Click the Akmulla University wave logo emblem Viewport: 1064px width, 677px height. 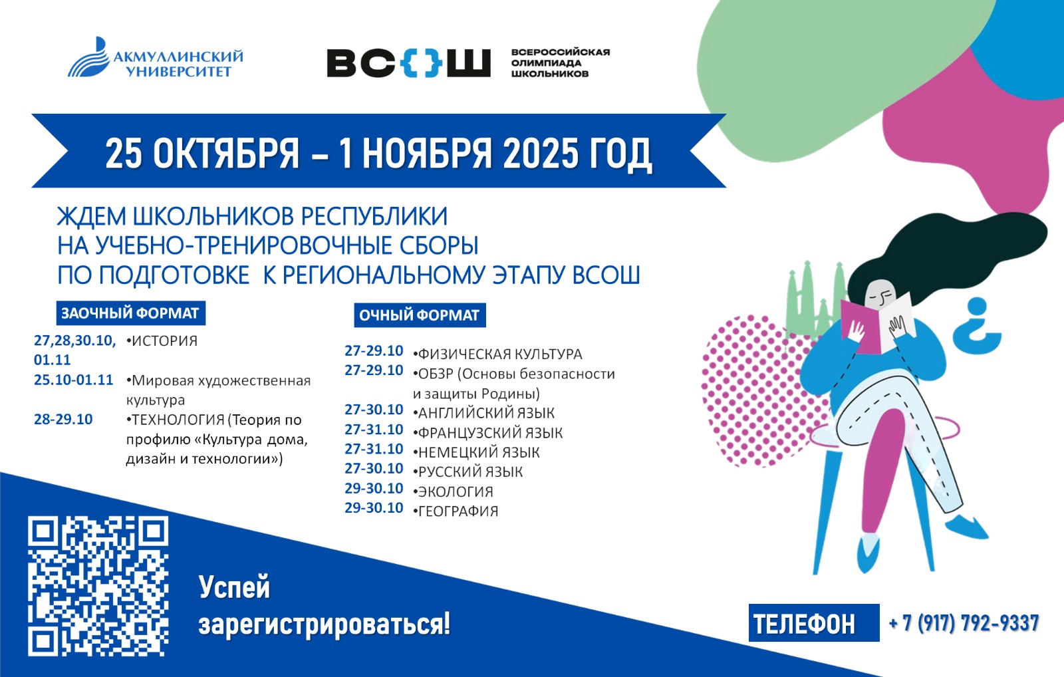tap(88, 57)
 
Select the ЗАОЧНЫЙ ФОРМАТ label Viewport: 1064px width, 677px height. tap(130, 313)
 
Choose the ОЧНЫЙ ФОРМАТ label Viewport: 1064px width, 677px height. tap(420, 315)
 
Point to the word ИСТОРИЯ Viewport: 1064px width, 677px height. tap(164, 340)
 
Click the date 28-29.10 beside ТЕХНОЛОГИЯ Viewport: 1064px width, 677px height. tap(63, 419)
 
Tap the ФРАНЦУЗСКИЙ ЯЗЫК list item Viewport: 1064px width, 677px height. tap(488, 433)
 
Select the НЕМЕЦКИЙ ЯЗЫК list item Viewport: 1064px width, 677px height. tap(476, 452)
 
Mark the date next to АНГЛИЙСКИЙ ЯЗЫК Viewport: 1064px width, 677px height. tap(374, 410)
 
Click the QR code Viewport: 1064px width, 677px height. tap(98, 587)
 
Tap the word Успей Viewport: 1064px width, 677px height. tap(234, 588)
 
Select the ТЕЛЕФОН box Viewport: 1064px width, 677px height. tap(814, 623)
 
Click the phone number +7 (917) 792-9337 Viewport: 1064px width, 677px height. tap(964, 623)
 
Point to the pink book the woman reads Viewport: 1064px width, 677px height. tap(860, 325)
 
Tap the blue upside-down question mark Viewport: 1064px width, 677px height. tap(978, 327)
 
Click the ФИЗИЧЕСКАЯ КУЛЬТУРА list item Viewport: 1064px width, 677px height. tap(497, 354)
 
